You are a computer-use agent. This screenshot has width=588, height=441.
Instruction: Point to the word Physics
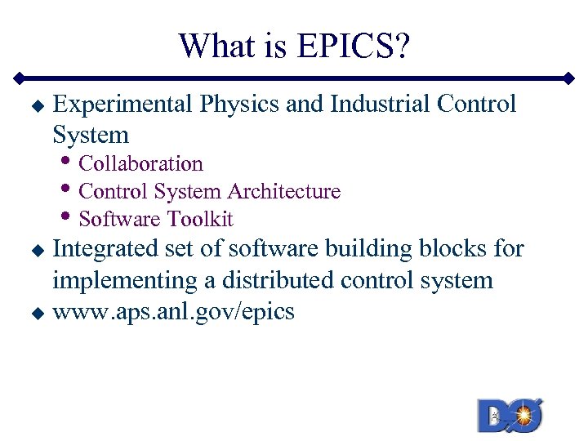click(234, 105)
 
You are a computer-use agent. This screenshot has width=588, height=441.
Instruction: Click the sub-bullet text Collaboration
click(140, 163)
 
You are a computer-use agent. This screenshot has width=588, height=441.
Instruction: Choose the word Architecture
click(284, 191)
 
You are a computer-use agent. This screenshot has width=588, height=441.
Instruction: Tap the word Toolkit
click(200, 219)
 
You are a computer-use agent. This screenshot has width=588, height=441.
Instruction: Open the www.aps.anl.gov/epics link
click(173, 311)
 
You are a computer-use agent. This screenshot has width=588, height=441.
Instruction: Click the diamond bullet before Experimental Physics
click(35, 105)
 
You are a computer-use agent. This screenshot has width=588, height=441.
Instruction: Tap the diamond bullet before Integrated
click(35, 249)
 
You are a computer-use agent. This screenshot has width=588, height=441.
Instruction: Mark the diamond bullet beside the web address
click(35, 312)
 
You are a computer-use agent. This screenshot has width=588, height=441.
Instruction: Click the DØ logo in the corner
click(510, 414)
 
